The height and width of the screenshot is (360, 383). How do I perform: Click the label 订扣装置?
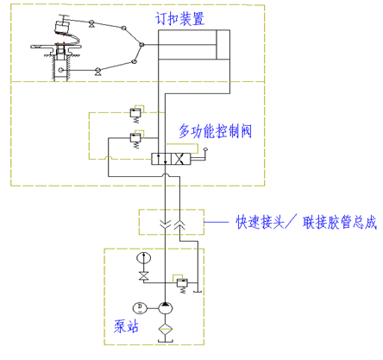tap(180, 19)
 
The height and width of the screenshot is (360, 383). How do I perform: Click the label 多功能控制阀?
tap(216, 131)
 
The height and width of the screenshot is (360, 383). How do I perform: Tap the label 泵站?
tap(126, 326)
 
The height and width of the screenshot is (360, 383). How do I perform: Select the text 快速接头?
tap(261, 223)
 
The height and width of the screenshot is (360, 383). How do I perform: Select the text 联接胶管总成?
tap(340, 223)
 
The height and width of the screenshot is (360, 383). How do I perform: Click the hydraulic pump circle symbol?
tap(166, 308)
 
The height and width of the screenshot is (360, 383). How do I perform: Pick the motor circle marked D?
tap(140, 308)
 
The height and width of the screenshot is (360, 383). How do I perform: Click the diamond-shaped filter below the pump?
tap(166, 329)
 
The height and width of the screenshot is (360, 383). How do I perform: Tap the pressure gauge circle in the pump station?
tap(143, 257)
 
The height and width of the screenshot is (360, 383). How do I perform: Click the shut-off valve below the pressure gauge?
tap(143, 275)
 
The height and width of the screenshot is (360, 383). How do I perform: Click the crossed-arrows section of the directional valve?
tap(181, 159)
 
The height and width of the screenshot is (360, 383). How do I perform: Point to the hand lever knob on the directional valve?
tap(205, 149)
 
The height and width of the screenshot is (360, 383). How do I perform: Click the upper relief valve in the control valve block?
tap(135, 113)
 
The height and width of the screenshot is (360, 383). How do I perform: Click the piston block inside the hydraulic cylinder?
tap(223, 45)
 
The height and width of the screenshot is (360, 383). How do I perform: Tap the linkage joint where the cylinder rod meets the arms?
tap(141, 45)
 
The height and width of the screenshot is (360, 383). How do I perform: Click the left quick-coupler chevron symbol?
tap(166, 224)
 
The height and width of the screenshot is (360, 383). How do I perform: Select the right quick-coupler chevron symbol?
tap(179, 225)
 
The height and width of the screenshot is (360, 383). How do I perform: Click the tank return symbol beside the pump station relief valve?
tap(198, 291)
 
